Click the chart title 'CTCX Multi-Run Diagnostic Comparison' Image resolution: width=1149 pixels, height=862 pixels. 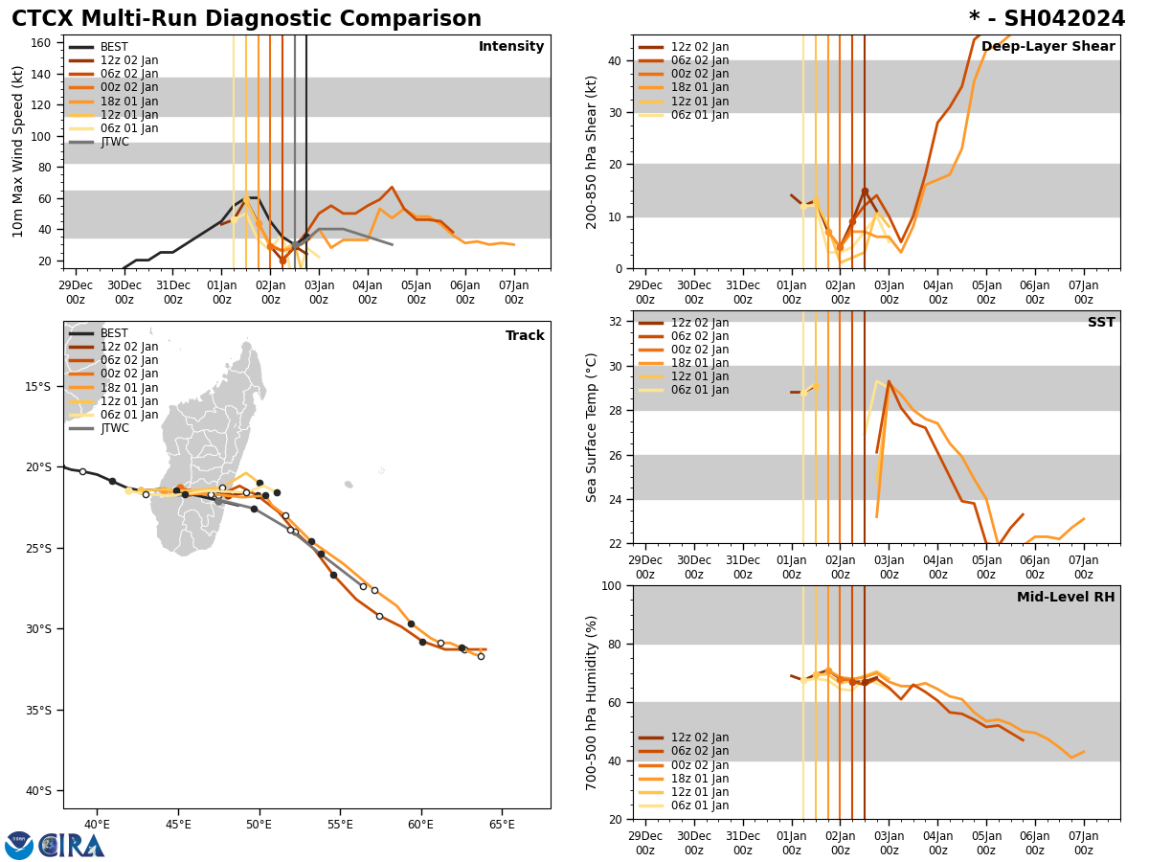[x=246, y=19]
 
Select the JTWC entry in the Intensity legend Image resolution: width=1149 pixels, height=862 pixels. [x=114, y=142]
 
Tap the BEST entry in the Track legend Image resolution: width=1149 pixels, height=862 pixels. [x=114, y=333]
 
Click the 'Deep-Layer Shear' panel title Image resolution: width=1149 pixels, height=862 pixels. [x=1048, y=47]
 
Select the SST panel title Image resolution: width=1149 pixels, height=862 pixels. [x=1101, y=323]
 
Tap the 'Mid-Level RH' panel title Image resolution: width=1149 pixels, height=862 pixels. [x=1066, y=598]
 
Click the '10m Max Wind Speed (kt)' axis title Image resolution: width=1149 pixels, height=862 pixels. [x=18, y=151]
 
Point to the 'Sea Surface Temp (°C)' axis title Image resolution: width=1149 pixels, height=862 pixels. [x=592, y=427]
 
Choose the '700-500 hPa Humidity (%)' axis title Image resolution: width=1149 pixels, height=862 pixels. [x=592, y=702]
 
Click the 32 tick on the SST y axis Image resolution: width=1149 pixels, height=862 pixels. [x=617, y=322]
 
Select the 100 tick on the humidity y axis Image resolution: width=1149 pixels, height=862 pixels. [x=613, y=586]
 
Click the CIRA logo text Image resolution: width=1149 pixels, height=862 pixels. [x=71, y=846]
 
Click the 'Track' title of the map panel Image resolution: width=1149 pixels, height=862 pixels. [x=525, y=336]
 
